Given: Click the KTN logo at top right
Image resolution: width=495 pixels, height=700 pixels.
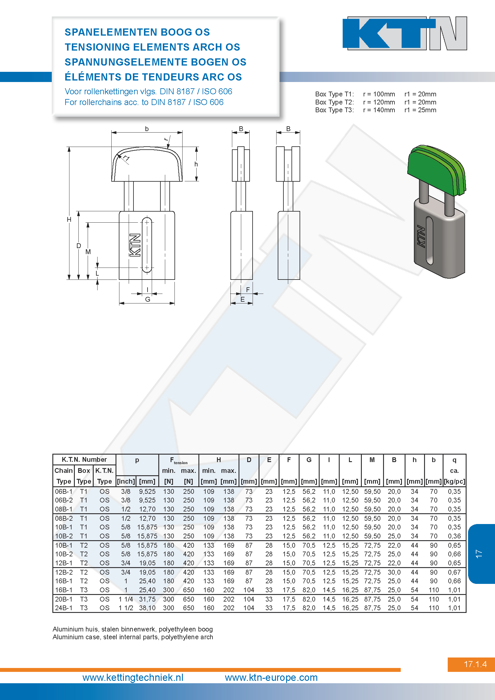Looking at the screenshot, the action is click(x=405, y=33).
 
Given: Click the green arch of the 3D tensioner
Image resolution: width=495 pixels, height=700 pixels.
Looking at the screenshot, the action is click(x=436, y=169).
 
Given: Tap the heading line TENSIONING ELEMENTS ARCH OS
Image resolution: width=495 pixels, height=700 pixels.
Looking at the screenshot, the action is click(x=152, y=47).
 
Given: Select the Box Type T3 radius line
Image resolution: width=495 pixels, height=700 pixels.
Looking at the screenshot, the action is click(x=376, y=110).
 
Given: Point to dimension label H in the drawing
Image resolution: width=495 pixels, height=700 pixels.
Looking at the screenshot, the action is click(x=69, y=219).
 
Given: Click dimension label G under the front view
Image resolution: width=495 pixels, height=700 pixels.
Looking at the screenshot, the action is click(x=148, y=299).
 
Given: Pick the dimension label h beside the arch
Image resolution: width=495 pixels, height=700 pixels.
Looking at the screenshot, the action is click(x=196, y=164).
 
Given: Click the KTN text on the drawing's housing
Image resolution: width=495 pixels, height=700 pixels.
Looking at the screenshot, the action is click(x=135, y=245).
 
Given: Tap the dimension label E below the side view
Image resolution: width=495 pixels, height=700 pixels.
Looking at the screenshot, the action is click(x=242, y=299).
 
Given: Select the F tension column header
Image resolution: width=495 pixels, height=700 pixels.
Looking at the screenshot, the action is click(x=179, y=460).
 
